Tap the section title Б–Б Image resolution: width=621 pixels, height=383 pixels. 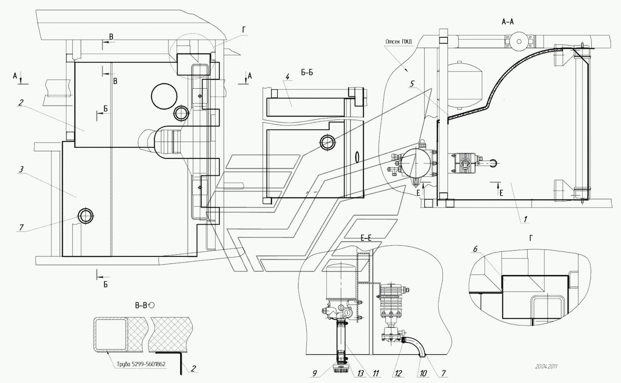(307, 72)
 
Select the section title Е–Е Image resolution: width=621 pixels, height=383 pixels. (366, 238)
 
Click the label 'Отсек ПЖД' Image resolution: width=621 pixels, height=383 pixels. (399, 41)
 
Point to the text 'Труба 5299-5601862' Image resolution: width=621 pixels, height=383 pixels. (141, 364)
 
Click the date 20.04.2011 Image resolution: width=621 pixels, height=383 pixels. (546, 366)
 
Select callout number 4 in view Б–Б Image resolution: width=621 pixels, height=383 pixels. (288, 77)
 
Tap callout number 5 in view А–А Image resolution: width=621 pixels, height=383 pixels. (412, 84)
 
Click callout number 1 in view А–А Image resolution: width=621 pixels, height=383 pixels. (525, 219)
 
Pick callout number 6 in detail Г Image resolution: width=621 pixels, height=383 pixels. (475, 249)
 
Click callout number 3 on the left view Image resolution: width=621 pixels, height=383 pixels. (22, 169)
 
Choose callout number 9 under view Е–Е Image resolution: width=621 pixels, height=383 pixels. (315, 373)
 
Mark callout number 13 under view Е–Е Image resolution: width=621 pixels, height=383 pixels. (361, 373)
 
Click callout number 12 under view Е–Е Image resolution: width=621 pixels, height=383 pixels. (398, 373)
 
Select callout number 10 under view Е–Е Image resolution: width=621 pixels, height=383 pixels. (423, 373)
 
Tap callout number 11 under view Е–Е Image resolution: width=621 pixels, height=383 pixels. (375, 373)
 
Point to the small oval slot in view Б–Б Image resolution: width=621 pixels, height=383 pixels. (357, 157)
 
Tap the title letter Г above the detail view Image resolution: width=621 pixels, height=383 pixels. (531, 238)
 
